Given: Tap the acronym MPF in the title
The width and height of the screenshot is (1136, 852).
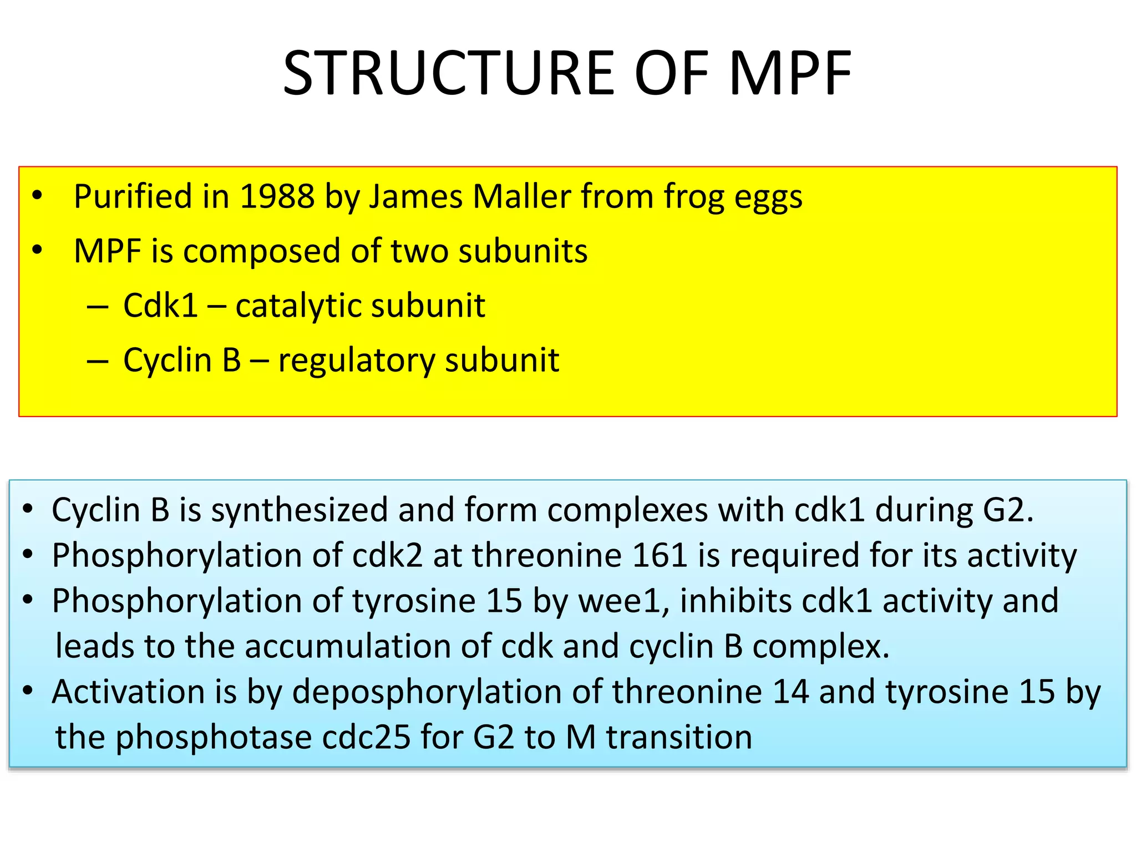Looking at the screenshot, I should (790, 73).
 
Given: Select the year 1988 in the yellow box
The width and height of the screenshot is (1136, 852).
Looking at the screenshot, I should (277, 196).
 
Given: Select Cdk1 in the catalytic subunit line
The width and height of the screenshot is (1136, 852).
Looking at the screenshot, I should (160, 306).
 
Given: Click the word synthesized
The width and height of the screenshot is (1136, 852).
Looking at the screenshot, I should (300, 510).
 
